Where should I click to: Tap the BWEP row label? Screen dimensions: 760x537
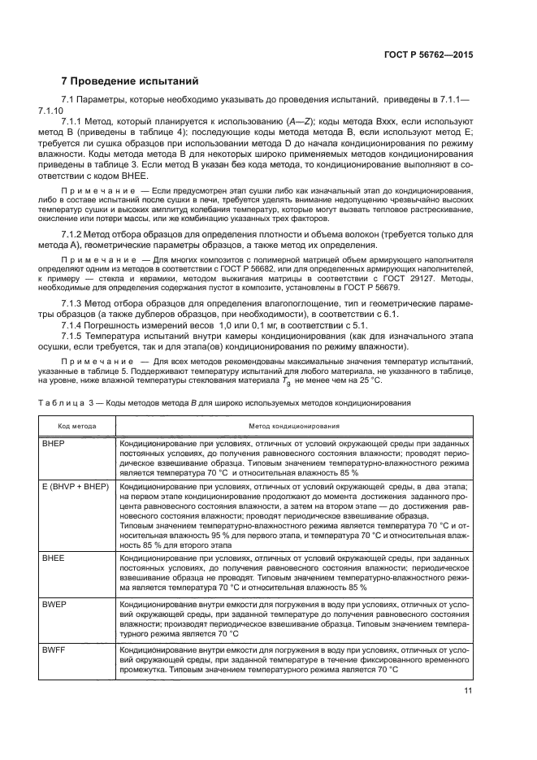[x=54, y=604]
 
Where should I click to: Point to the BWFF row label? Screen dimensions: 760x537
[x=54, y=649]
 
